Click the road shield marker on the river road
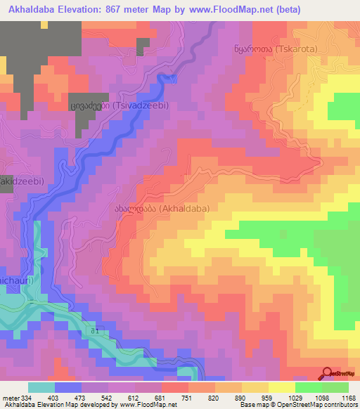(x=94, y=330)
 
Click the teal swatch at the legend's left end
(x=41, y=387)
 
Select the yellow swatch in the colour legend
(x=281, y=387)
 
